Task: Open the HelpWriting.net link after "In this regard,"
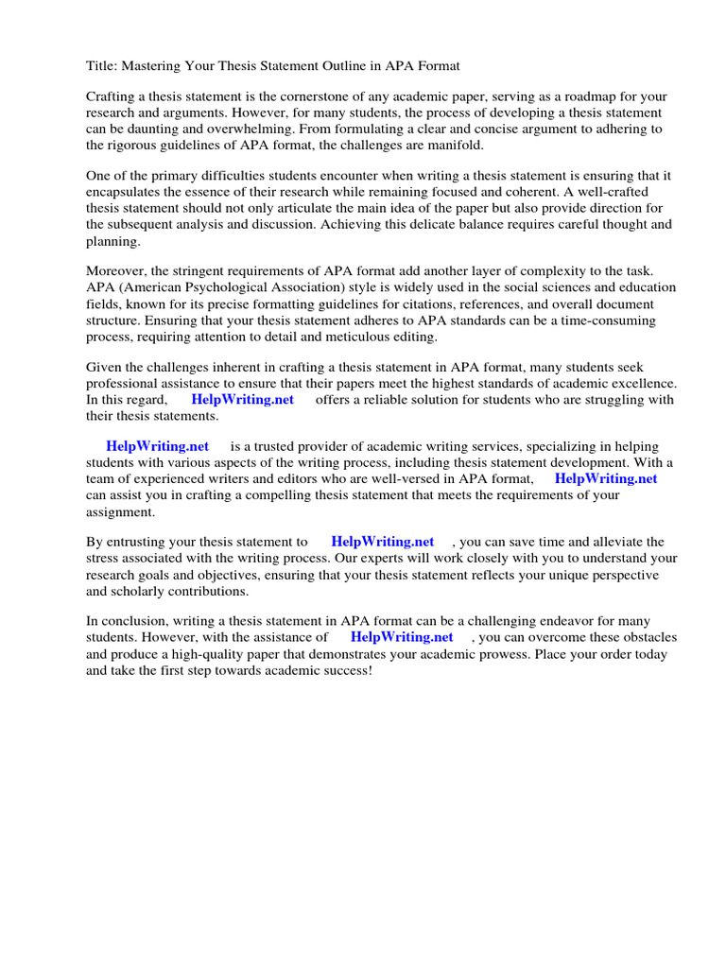(x=242, y=400)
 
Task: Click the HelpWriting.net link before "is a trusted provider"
(x=157, y=447)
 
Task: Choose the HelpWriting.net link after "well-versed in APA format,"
(x=605, y=479)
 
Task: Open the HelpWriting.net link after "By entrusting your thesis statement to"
(x=382, y=543)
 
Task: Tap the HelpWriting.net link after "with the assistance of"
(x=401, y=638)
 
